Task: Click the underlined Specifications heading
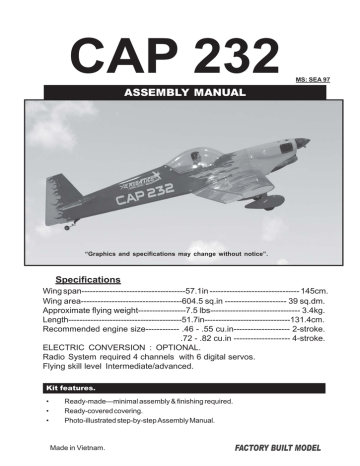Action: click(x=88, y=279)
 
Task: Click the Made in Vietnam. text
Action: click(x=77, y=446)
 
